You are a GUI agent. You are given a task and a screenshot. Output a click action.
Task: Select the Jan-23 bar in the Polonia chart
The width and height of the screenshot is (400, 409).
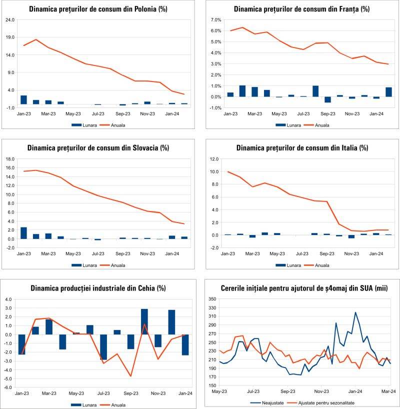click(x=23, y=99)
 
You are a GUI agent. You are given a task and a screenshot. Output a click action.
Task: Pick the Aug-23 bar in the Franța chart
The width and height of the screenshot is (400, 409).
click(x=315, y=91)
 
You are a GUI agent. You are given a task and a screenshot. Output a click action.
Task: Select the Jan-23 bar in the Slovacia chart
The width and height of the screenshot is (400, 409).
click(x=23, y=233)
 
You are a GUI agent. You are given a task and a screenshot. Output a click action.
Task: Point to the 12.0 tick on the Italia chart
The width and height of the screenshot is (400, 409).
click(x=215, y=159)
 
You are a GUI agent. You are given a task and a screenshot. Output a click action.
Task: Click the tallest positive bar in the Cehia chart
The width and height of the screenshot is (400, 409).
click(x=144, y=321)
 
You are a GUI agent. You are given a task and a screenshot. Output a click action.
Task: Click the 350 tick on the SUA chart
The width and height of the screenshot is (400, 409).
click(x=212, y=299)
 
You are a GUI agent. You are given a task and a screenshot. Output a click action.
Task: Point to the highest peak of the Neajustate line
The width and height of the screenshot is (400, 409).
click(x=355, y=312)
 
